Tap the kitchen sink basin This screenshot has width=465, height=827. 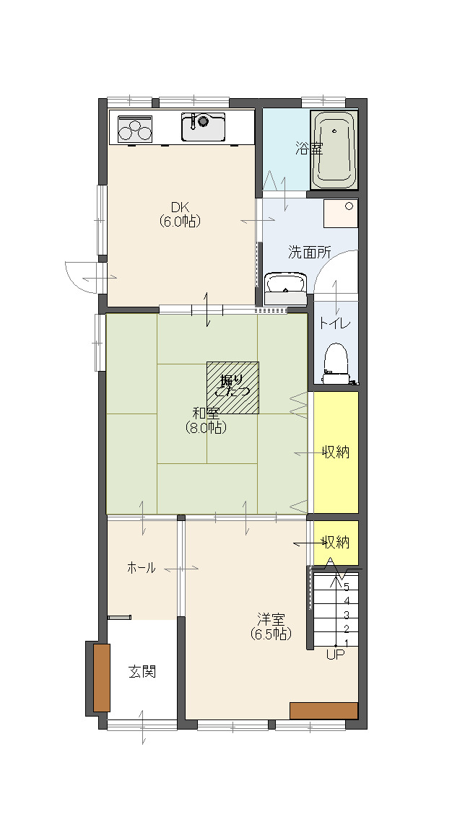(203, 127)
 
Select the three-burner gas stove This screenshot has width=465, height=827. (135, 128)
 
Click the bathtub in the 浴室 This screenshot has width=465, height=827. (334, 150)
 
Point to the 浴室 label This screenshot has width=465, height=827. (309, 149)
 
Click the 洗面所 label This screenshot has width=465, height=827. (310, 252)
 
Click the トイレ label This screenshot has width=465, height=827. (334, 323)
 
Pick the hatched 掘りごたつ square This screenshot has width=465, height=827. (232, 388)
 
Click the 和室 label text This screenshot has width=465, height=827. (206, 413)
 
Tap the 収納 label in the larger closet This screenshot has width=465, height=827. (336, 452)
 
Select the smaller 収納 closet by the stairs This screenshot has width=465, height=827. (336, 542)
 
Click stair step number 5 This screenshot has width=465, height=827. (347, 586)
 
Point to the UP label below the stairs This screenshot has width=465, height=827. (336, 655)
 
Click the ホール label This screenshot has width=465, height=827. (142, 568)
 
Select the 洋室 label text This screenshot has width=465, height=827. (271, 618)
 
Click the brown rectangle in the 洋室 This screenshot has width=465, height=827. (323, 710)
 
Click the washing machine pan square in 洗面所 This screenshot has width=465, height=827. (340, 213)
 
